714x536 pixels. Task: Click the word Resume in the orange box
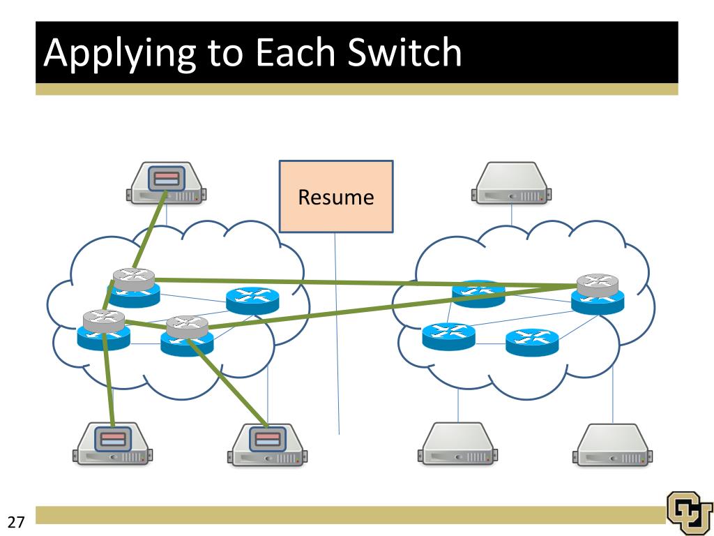tap(336, 198)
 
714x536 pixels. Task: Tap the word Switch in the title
tap(404, 52)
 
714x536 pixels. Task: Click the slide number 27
tap(15, 521)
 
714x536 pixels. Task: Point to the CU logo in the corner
tap(690, 513)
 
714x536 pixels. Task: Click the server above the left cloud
tap(166, 183)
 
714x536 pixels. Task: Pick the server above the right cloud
tap(511, 183)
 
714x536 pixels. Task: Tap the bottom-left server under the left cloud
tap(112, 444)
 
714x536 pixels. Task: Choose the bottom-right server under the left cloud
tap(267, 445)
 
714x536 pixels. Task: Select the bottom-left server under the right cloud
tap(457, 444)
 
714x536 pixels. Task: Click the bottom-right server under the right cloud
tap(612, 445)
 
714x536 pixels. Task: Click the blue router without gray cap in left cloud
tap(252, 300)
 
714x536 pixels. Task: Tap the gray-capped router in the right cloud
tap(598, 294)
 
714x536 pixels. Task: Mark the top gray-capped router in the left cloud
tap(134, 288)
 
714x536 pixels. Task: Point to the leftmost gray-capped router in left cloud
tap(104, 330)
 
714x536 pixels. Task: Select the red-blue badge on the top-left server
tap(166, 178)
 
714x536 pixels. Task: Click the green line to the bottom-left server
tap(108, 379)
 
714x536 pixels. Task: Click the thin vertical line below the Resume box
tap(337, 334)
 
